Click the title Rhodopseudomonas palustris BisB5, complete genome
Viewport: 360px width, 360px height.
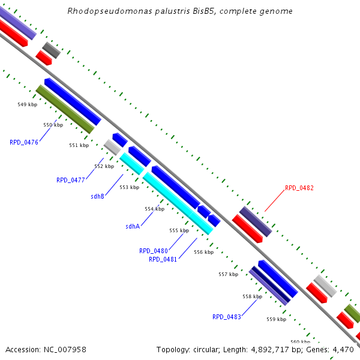pyautogui.click(x=180, y=11)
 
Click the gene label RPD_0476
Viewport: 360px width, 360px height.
pyautogui.click(x=24, y=142)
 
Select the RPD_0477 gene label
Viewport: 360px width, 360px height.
pyautogui.click(x=71, y=179)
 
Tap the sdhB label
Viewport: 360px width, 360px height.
pyautogui.click(x=98, y=196)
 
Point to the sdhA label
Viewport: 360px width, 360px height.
pyautogui.click(x=133, y=226)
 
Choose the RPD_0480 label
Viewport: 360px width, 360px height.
pyautogui.click(x=154, y=251)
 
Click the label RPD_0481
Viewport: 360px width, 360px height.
pyautogui.click(x=163, y=259)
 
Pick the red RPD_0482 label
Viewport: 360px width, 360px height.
pyautogui.click(x=299, y=188)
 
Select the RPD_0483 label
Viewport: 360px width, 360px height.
pyautogui.click(x=227, y=316)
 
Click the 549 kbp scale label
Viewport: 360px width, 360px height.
pyautogui.click(x=28, y=104)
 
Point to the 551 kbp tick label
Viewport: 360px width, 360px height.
pyautogui.click(x=79, y=145)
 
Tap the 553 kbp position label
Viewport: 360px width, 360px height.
pyautogui.click(x=129, y=187)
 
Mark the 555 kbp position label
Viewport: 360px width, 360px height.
pyautogui.click(x=179, y=230)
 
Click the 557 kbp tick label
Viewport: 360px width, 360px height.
pyautogui.click(x=228, y=274)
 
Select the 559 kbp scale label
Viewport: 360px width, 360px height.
pyautogui.click(x=277, y=319)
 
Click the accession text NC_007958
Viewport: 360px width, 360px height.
pyautogui.click(x=46, y=349)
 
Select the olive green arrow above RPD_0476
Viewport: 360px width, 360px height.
pyautogui.click(x=65, y=109)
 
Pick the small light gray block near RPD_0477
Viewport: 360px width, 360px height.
pyautogui.click(x=112, y=145)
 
